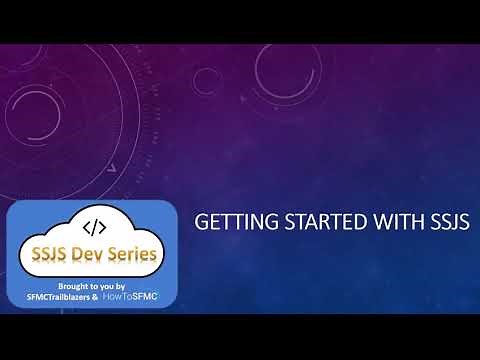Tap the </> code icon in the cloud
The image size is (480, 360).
pyautogui.click(x=93, y=227)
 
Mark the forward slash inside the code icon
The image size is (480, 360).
pyautogui.click(x=93, y=227)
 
